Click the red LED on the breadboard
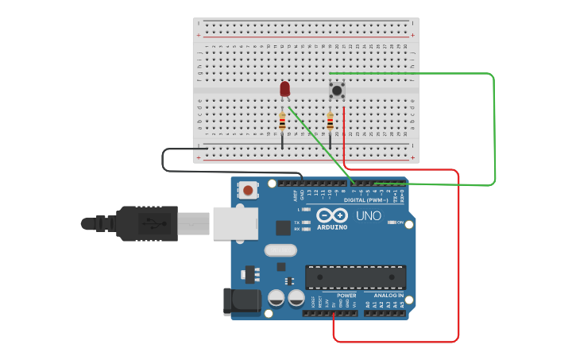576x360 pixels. point(285,89)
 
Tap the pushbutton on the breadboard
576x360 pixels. point(337,89)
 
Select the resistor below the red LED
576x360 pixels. point(282,122)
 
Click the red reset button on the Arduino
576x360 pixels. point(249,190)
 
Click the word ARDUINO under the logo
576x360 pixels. point(332,227)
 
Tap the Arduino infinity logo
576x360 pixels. point(332,215)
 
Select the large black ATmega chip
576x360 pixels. point(355,277)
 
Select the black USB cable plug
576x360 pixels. point(147,223)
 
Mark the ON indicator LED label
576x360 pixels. point(400,223)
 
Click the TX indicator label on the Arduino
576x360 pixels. point(296,222)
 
